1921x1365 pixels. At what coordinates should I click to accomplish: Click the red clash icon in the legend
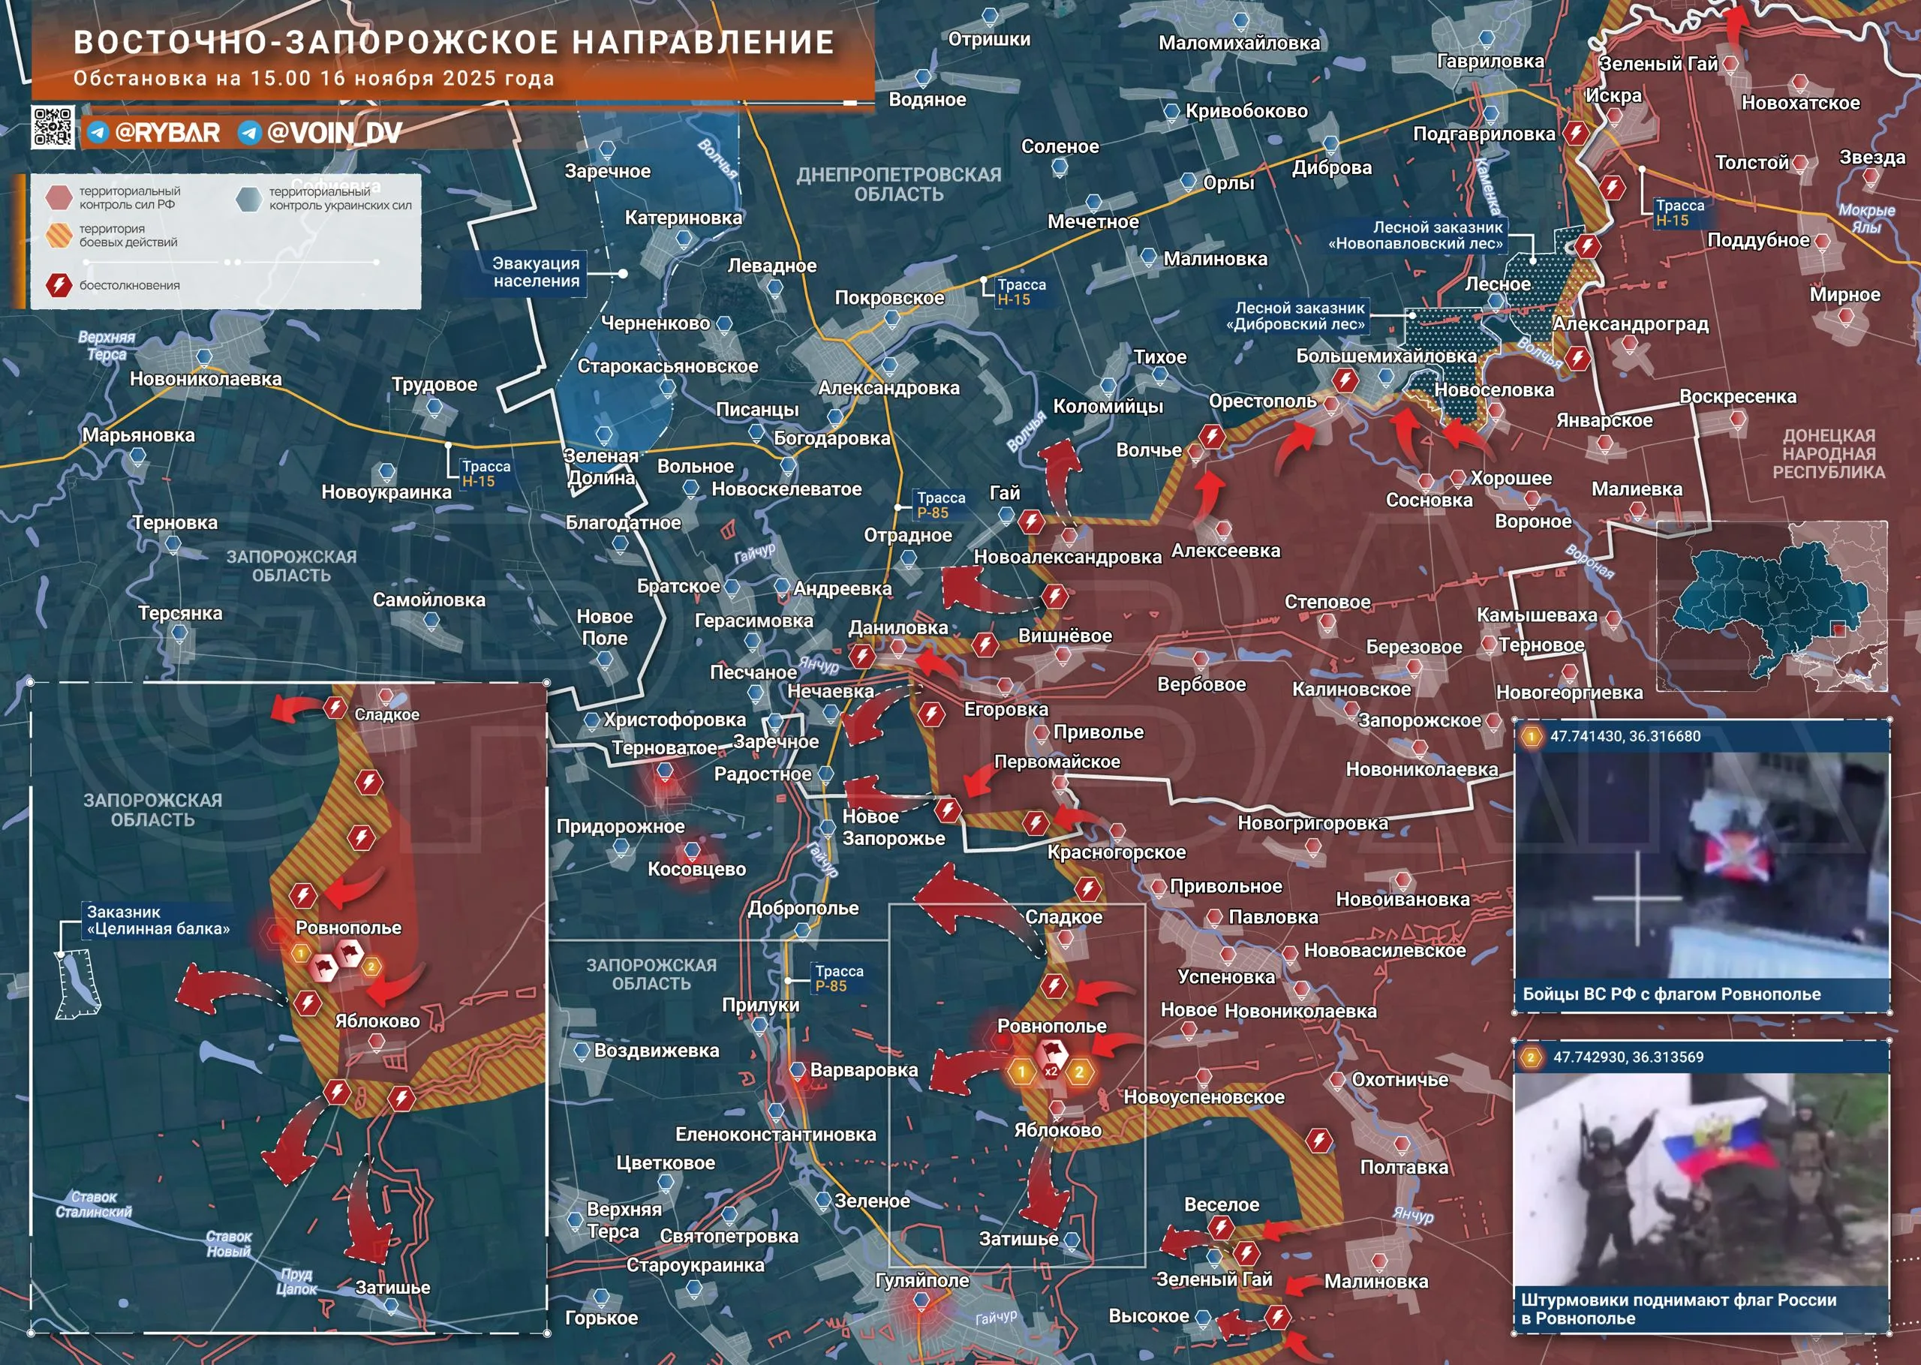(x=59, y=285)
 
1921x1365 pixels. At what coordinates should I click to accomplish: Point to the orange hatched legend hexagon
(x=59, y=236)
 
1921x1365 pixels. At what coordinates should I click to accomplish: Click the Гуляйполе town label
(x=921, y=1280)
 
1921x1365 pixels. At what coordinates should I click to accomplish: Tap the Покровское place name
(x=889, y=298)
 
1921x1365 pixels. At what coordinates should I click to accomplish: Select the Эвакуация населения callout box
(x=535, y=272)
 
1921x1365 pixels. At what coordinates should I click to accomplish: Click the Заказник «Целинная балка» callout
(x=157, y=920)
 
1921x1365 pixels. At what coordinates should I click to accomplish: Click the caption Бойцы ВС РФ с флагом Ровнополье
(x=1671, y=994)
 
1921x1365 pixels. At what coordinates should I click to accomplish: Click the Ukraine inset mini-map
(x=1771, y=607)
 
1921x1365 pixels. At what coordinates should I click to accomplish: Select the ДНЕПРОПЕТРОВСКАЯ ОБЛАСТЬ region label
(x=898, y=184)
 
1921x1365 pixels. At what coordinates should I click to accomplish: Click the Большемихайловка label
(x=1386, y=356)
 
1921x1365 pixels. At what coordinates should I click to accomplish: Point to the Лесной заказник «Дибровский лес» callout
(x=1299, y=316)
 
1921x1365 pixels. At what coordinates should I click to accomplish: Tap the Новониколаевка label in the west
(x=205, y=379)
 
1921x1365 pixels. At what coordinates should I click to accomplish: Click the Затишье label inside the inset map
(x=392, y=1288)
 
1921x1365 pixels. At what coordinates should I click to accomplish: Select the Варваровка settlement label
(x=863, y=1070)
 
